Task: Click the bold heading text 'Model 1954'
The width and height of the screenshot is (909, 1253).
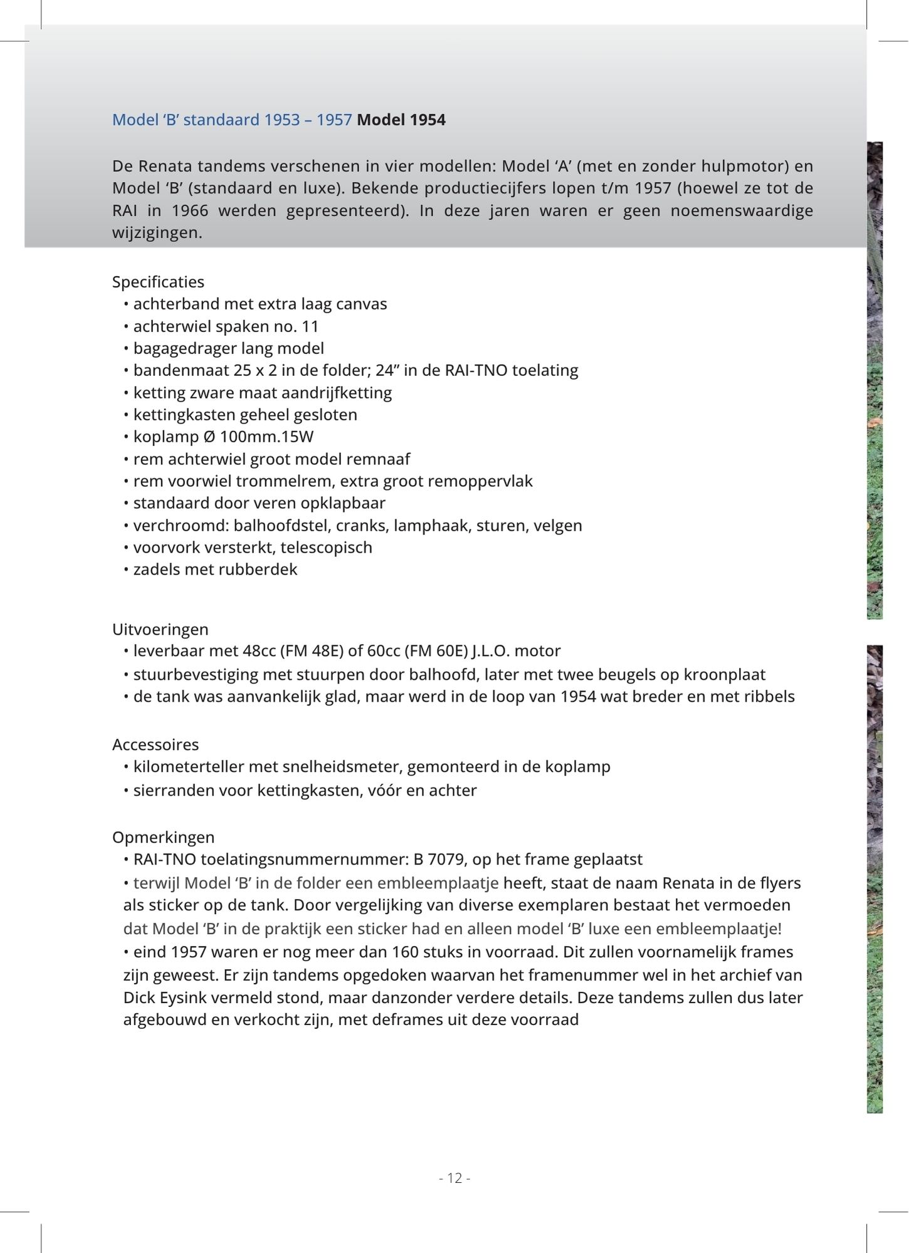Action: click(x=401, y=120)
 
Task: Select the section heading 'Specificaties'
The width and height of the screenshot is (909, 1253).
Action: click(x=158, y=282)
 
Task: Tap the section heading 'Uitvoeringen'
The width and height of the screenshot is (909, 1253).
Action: click(x=160, y=629)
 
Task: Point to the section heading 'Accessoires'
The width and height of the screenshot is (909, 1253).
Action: click(x=155, y=744)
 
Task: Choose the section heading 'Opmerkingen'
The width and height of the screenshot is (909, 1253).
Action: click(x=163, y=837)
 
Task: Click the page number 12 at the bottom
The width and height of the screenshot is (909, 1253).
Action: click(x=454, y=1178)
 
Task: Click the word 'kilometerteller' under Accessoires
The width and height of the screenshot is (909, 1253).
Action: click(x=189, y=767)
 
